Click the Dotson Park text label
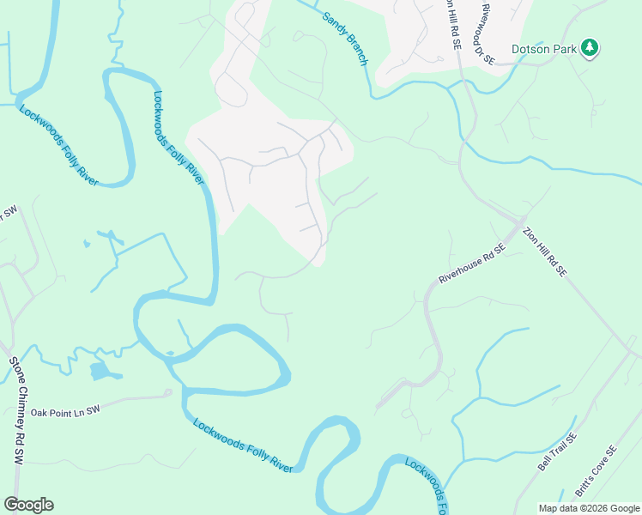(x=543, y=49)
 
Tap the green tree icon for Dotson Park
(x=589, y=48)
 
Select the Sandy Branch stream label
(x=345, y=39)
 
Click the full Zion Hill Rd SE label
(x=545, y=251)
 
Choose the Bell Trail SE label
(x=558, y=451)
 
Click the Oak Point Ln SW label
(x=65, y=411)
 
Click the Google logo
(x=28, y=504)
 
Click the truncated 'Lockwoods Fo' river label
(x=425, y=480)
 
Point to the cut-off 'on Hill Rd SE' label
(x=452, y=26)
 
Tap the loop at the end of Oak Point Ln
(x=169, y=395)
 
